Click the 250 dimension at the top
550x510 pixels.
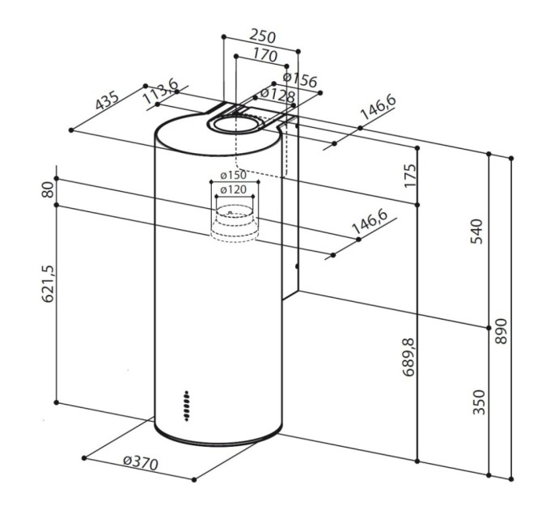pos(262,37)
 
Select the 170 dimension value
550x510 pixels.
pos(264,56)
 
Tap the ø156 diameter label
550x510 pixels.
pos(299,80)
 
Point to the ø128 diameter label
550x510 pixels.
pos(277,96)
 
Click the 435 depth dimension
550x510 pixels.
pos(107,103)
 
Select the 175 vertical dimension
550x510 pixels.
pos(409,176)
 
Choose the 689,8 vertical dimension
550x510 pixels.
pos(409,356)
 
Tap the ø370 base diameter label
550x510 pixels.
pos(139,463)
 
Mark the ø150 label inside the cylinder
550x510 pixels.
pos(233,176)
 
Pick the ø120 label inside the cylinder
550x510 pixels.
pos(233,189)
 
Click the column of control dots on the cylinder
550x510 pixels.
pos(187,405)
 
